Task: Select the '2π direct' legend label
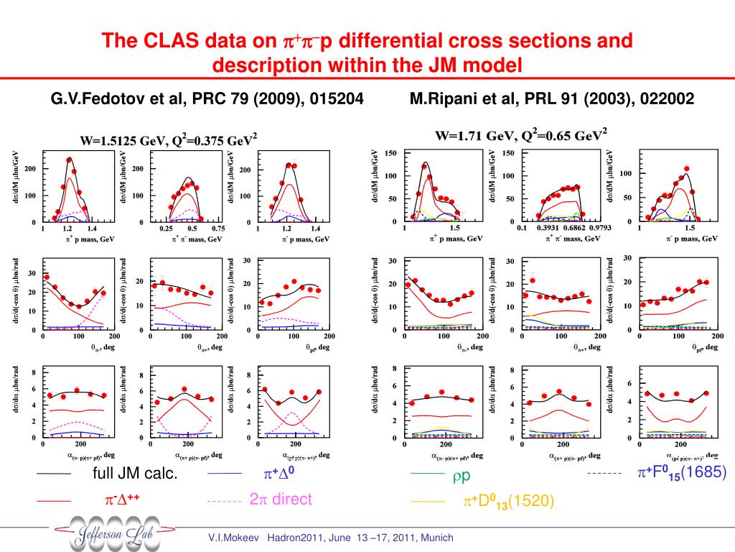(281, 500)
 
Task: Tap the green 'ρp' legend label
(461, 477)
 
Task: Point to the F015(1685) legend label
(682, 473)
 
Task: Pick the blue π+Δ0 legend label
(281, 475)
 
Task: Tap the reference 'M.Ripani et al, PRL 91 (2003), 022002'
(552, 98)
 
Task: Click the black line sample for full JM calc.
(53, 475)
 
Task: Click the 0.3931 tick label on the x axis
(552, 228)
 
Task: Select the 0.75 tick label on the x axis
(218, 228)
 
